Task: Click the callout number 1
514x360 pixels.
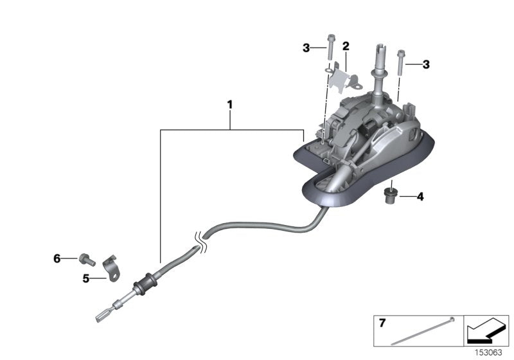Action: (229, 104)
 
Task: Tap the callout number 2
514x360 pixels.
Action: (346, 46)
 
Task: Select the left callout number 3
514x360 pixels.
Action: (307, 47)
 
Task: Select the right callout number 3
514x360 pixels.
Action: (425, 64)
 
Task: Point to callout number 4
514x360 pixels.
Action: (420, 197)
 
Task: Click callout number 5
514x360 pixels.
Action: (85, 278)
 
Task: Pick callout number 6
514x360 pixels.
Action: (57, 258)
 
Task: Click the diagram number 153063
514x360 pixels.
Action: (488, 352)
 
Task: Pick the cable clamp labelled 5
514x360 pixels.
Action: (111, 267)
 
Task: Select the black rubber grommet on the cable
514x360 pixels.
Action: (146, 282)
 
